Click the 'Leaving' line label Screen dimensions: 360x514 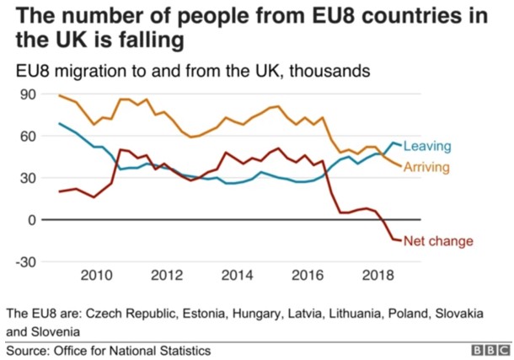(x=428, y=147)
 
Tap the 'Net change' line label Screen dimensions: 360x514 (x=437, y=242)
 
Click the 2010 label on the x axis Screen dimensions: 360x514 (x=96, y=275)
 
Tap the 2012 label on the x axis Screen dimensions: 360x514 (x=167, y=275)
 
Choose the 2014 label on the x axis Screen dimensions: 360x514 (x=238, y=275)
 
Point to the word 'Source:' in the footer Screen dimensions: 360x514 (x=29, y=350)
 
